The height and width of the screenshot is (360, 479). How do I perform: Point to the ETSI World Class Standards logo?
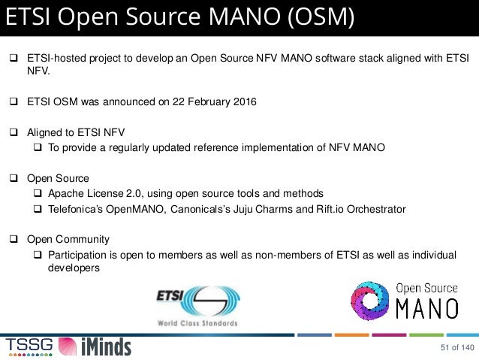[197, 305]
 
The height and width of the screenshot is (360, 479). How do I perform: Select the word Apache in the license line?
[66, 194]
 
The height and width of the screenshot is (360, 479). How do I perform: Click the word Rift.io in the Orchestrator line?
[325, 209]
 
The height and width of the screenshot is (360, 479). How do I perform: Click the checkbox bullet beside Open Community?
[14, 240]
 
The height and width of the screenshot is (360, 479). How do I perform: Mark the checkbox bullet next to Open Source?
[14, 179]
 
